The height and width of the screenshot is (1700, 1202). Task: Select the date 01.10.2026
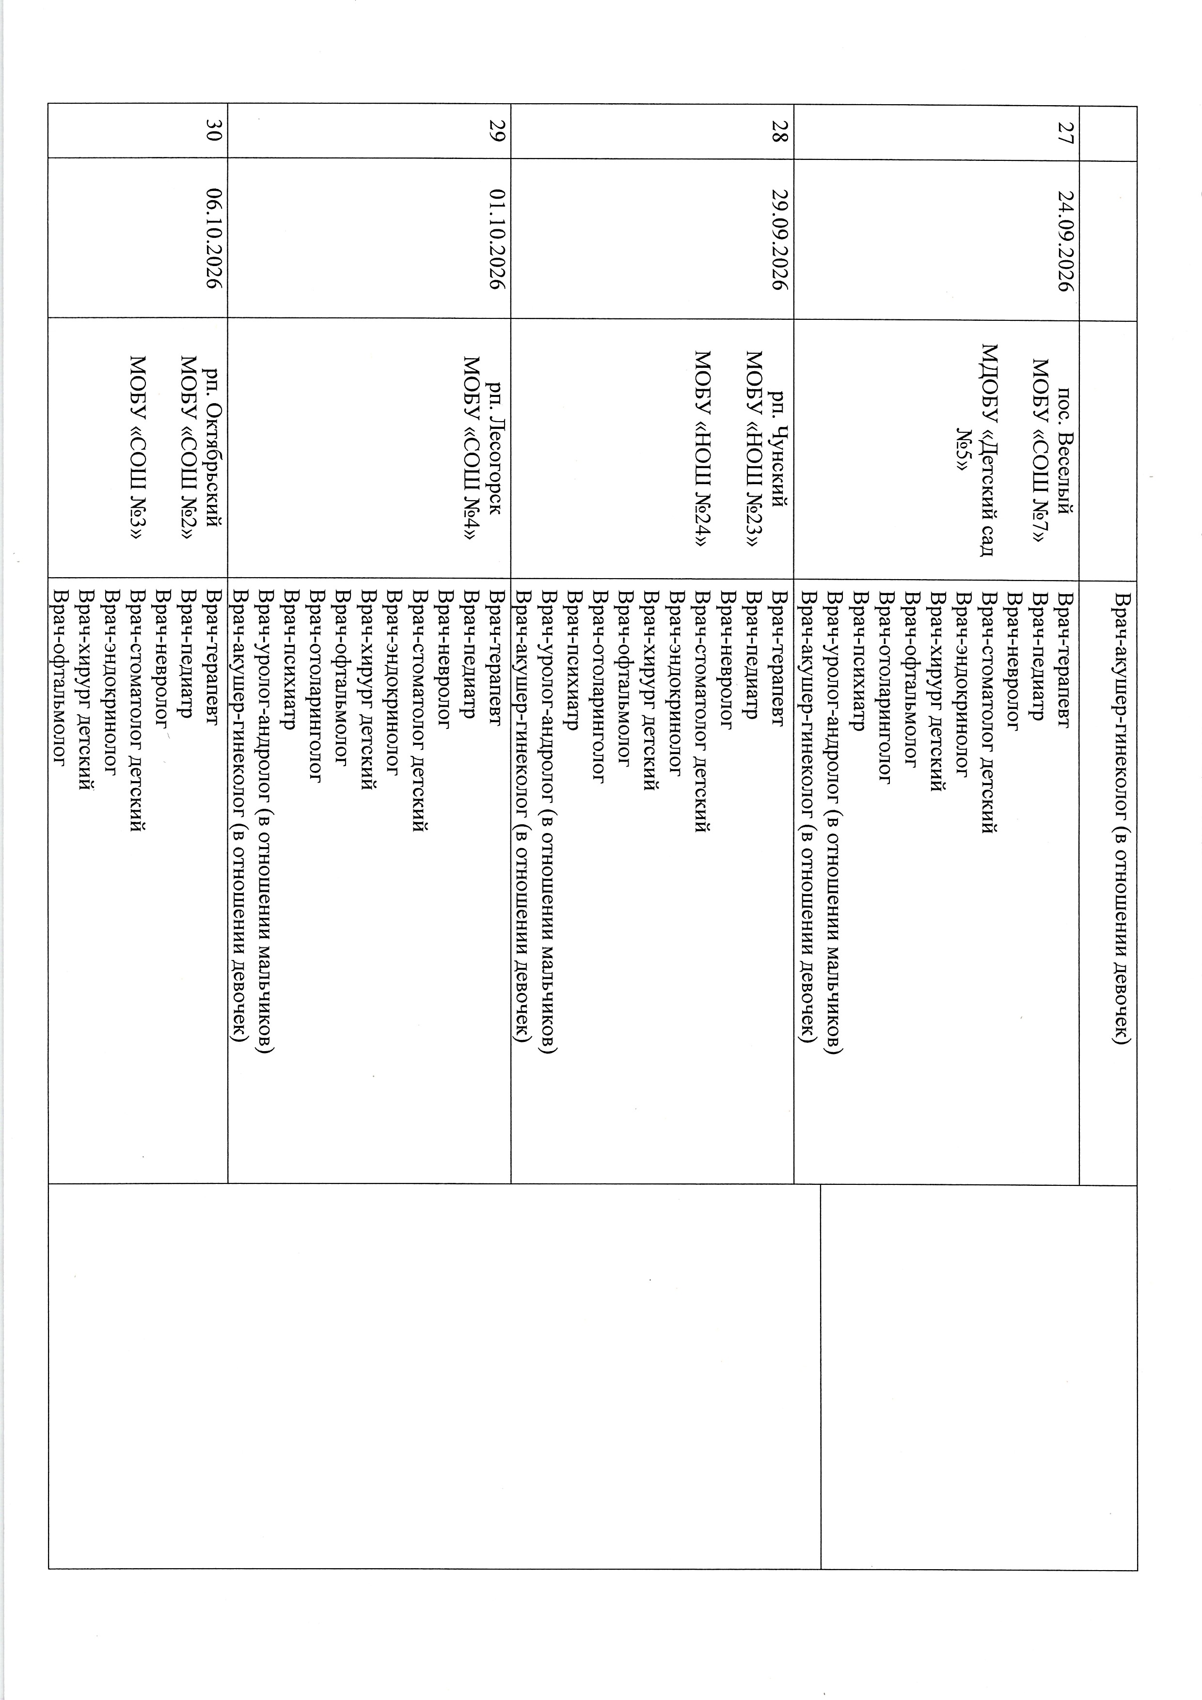pyautogui.click(x=498, y=241)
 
